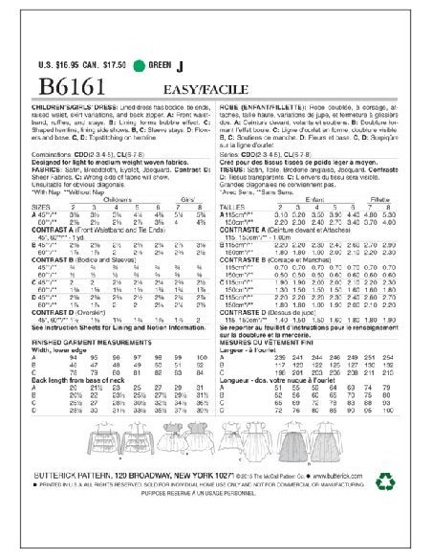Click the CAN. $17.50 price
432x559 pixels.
click(105, 66)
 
